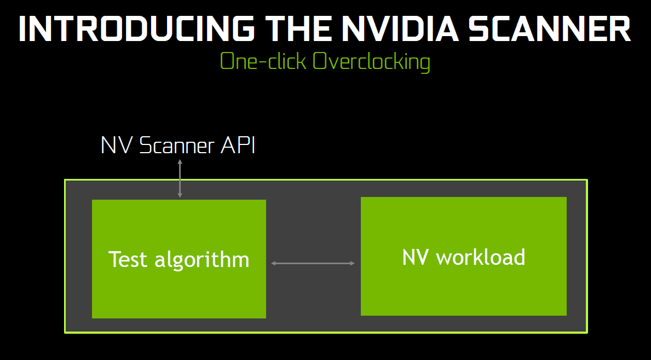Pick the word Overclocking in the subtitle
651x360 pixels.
tap(371, 62)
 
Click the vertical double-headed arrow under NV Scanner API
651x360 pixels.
tap(180, 178)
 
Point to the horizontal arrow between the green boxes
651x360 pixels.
tap(313, 264)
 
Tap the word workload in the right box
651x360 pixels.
tap(481, 257)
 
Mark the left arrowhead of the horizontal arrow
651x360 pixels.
tap(274, 264)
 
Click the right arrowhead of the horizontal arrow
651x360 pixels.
tap(353, 264)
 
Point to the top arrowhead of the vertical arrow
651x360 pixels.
tap(180, 161)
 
